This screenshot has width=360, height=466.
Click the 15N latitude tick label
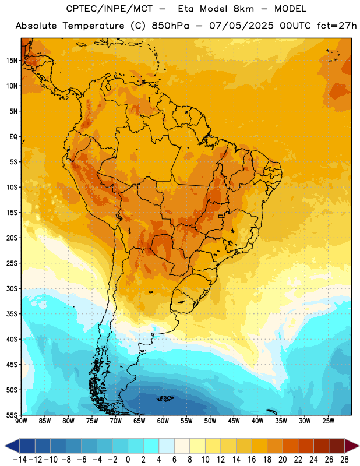click(x=12, y=61)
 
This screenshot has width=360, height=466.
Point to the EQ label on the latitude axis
click(x=13, y=137)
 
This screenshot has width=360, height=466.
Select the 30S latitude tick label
click(x=12, y=288)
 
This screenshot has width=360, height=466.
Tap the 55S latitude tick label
click(x=12, y=415)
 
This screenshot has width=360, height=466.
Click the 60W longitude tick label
click(x=163, y=421)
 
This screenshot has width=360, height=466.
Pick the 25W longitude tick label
click(x=328, y=421)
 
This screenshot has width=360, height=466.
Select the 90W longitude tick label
click(x=22, y=421)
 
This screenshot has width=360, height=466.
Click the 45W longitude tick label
click(x=234, y=421)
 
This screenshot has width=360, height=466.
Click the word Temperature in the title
click(x=93, y=26)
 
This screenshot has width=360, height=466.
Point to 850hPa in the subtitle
click(x=170, y=26)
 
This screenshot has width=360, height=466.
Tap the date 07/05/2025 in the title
click(x=241, y=26)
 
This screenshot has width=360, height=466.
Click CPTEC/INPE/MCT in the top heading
click(x=110, y=9)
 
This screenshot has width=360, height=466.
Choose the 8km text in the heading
click(x=243, y=9)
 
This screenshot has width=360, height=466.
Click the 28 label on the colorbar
click(x=344, y=460)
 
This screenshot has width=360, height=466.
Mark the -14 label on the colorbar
click(x=20, y=460)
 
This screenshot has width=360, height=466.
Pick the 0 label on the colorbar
click(x=128, y=460)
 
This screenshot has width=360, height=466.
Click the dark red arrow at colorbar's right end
click(x=352, y=446)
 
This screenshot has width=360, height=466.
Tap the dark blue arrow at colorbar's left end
click(x=12, y=446)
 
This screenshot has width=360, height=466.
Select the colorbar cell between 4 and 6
click(x=167, y=446)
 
